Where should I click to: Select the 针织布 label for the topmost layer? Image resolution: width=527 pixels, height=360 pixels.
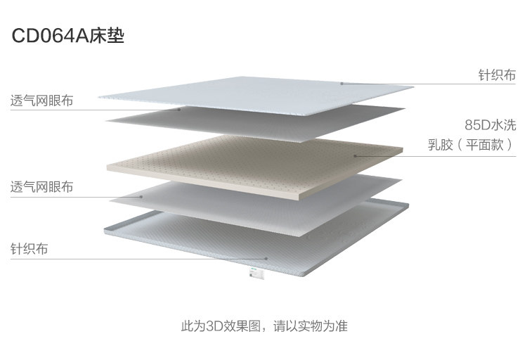497,75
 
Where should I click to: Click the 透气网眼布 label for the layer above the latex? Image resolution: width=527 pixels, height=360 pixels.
41,100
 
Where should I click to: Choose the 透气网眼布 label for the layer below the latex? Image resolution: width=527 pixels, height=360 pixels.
41,188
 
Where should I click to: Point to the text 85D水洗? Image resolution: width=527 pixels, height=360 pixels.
490,125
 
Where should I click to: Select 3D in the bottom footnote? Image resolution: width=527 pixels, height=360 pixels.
215,326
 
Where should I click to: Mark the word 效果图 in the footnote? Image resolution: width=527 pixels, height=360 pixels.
242,326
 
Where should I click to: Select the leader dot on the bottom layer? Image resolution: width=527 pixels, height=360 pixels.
265,258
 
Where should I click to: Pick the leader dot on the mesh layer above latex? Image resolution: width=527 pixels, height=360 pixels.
180,109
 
